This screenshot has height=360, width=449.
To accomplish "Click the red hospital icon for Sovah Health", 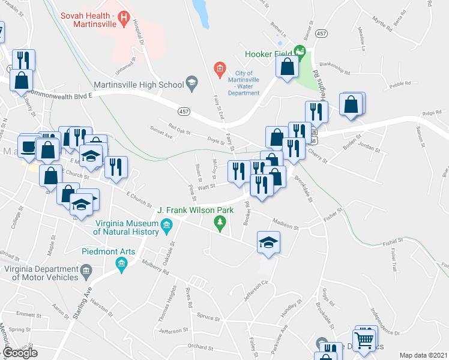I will (x=124, y=19).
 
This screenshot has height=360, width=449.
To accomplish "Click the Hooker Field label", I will (x=270, y=54).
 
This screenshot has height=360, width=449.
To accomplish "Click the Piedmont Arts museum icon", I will (x=122, y=264).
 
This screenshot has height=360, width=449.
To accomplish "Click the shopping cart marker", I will (x=364, y=340).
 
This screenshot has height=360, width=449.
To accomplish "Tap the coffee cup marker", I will (x=28, y=146).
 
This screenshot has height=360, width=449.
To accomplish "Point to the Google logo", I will (x=20, y=353).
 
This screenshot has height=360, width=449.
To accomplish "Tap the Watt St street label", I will (x=207, y=187).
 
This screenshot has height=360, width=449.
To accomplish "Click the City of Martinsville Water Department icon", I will (x=220, y=70).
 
